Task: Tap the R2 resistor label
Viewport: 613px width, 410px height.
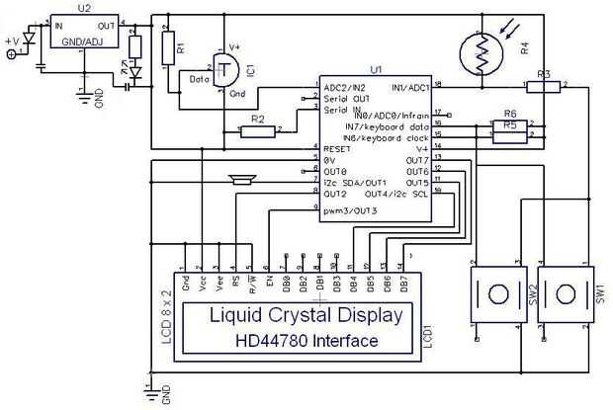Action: point(257,119)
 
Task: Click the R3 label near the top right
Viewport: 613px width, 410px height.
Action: point(544,74)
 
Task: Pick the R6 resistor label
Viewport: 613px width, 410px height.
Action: point(510,114)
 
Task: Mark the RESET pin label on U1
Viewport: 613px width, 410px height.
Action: point(338,147)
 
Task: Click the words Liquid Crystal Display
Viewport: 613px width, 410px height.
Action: point(306,316)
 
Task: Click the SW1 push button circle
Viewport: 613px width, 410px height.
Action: point(565,293)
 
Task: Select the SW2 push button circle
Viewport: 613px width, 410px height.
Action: point(495,293)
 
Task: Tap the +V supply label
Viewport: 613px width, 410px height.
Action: point(13,41)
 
